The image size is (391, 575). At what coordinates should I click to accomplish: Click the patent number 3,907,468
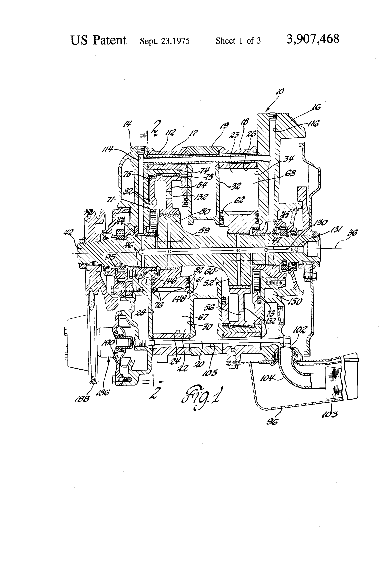click(313, 40)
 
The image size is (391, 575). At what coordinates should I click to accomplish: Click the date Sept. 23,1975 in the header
click(165, 41)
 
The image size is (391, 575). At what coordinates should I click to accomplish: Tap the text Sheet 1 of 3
click(238, 41)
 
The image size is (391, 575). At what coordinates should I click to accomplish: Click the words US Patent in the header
click(99, 40)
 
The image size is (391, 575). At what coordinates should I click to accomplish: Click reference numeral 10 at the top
click(281, 91)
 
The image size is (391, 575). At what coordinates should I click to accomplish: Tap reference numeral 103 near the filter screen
click(331, 413)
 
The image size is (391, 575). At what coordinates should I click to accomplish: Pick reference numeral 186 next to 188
click(101, 393)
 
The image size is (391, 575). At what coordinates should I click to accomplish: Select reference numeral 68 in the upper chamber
click(290, 174)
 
